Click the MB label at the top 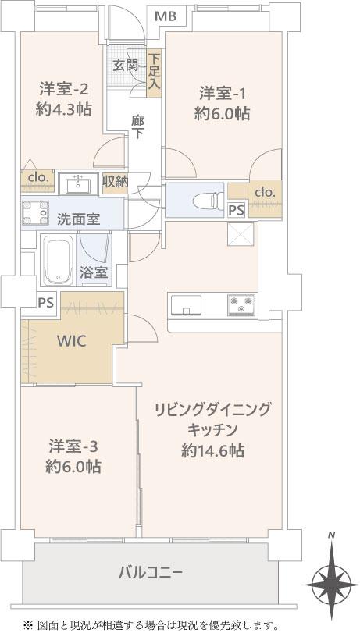click(166, 16)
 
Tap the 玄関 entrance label click(123, 66)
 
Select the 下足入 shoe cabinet click(154, 73)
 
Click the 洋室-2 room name click(63, 88)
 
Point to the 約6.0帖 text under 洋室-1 click(222, 114)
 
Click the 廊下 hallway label click(137, 127)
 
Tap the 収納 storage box click(115, 183)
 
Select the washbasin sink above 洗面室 click(78, 184)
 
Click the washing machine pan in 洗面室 click(35, 213)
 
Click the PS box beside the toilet click(236, 210)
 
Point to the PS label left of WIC click(45, 302)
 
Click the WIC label click(71, 342)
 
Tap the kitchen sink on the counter click(186, 304)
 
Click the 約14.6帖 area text click(212, 450)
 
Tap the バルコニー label click(151, 572)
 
